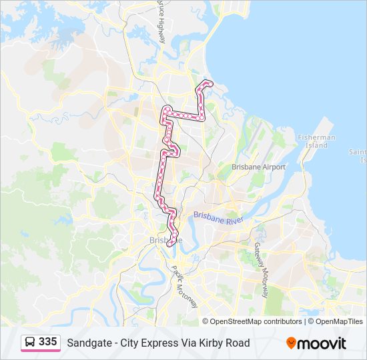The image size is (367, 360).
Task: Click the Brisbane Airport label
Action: [258, 167]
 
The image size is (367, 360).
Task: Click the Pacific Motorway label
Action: [185, 286]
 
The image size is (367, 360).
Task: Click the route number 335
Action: [47, 342]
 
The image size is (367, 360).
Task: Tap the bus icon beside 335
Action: [30, 343]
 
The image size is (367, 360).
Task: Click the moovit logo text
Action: [322, 343]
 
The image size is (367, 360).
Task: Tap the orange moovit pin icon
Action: [291, 343]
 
